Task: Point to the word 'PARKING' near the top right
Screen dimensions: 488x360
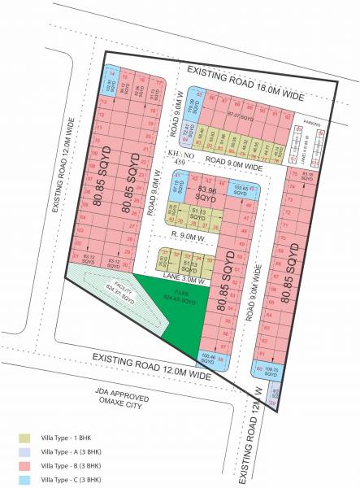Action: click(313, 124)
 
